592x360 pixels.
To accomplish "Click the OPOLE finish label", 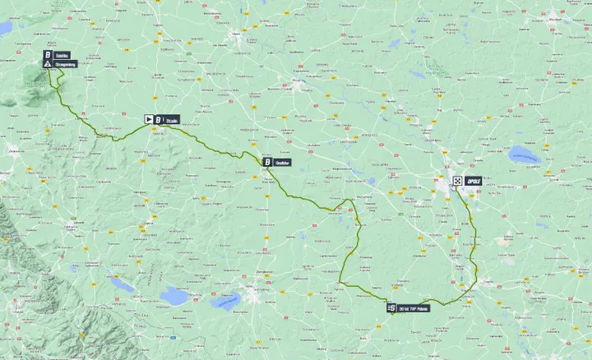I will tap(473, 180).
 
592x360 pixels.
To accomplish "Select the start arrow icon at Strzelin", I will tap(149, 119).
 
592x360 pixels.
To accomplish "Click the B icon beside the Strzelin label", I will tap(158, 119).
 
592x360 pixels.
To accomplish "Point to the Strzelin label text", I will tap(172, 119).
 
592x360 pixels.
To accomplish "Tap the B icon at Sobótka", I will tap(49, 55).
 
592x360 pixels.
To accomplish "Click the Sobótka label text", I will tap(63, 55).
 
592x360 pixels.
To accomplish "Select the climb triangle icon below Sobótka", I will tap(49, 63).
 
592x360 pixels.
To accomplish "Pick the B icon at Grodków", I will tap(267, 163).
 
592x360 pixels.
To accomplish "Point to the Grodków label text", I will tap(282, 163).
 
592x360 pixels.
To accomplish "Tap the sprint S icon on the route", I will tap(391, 307).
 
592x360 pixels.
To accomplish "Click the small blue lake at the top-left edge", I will tap(6, 28).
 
